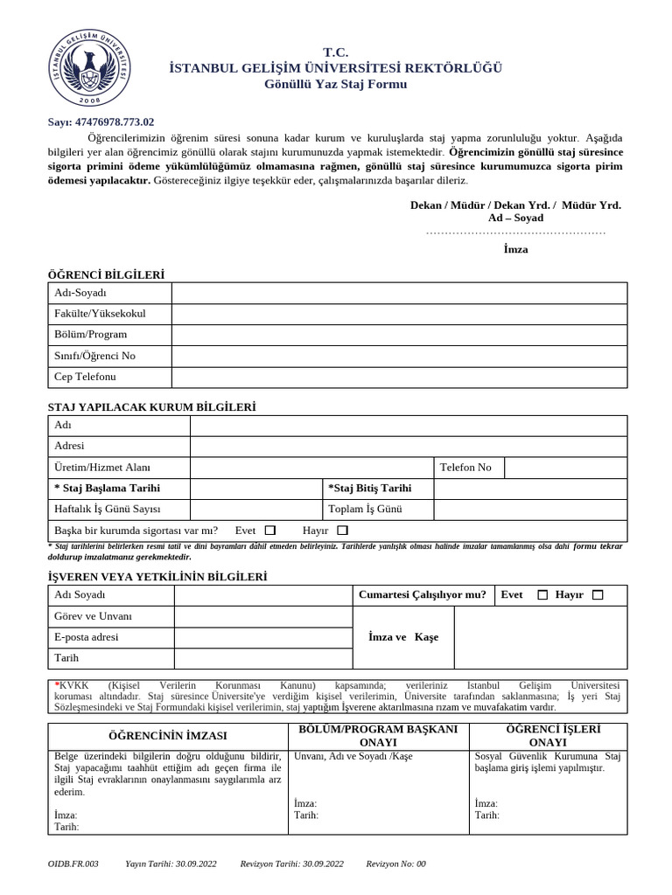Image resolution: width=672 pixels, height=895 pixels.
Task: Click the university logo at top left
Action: pyautogui.click(x=91, y=66)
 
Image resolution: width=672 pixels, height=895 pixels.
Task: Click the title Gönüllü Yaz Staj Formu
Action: pyautogui.click(x=335, y=84)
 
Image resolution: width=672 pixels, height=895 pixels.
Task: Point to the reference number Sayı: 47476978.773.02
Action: pyautogui.click(x=101, y=122)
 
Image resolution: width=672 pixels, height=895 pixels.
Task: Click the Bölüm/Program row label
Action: pyautogui.click(x=91, y=335)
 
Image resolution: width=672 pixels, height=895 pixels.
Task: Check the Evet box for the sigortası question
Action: pyautogui.click(x=270, y=531)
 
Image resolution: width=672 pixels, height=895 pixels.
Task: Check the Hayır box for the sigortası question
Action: pyautogui.click(x=342, y=531)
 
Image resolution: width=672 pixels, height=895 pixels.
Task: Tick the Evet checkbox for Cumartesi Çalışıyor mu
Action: pyautogui.click(x=542, y=595)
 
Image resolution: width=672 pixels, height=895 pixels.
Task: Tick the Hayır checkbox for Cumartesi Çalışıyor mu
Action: pyautogui.click(x=598, y=595)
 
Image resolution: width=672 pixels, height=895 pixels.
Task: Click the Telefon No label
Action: pyautogui.click(x=465, y=468)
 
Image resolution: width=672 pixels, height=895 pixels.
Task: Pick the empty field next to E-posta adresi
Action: pyautogui.click(x=262, y=638)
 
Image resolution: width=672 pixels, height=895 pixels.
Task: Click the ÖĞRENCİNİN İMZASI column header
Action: pyautogui.click(x=167, y=736)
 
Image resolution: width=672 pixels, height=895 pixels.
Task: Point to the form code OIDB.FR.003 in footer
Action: pyautogui.click(x=73, y=864)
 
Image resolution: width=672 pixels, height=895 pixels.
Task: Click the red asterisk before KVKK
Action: pyautogui.click(x=56, y=685)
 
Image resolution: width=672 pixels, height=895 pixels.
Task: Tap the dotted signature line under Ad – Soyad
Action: pyautogui.click(x=515, y=233)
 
